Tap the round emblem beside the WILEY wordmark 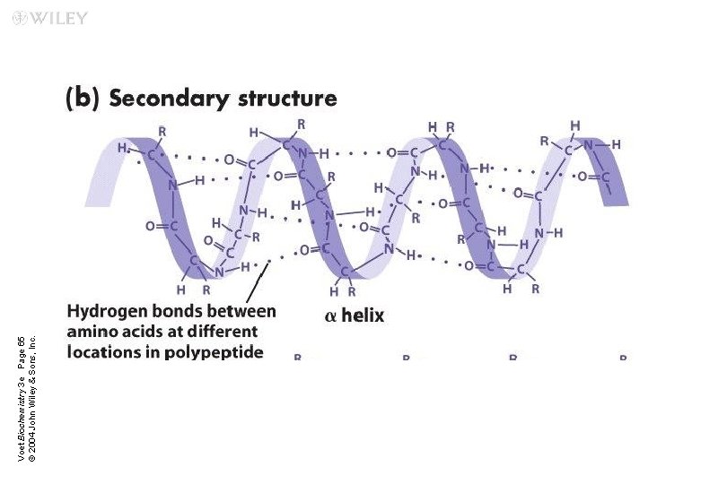point(20,19)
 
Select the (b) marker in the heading point(83,98)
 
